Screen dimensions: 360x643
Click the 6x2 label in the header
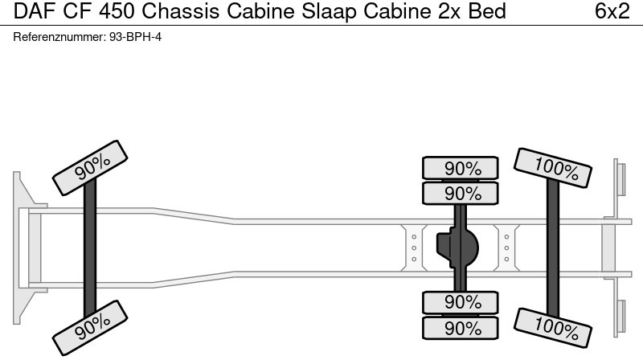612,12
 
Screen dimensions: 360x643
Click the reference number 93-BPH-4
135,37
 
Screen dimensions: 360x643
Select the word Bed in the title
488,12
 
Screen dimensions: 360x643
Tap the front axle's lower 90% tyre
91,325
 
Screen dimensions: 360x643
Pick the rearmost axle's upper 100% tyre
553,168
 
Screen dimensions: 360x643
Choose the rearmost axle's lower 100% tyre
553,325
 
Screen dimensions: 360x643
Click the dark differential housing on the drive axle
457,248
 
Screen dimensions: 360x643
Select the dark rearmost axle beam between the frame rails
553,247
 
